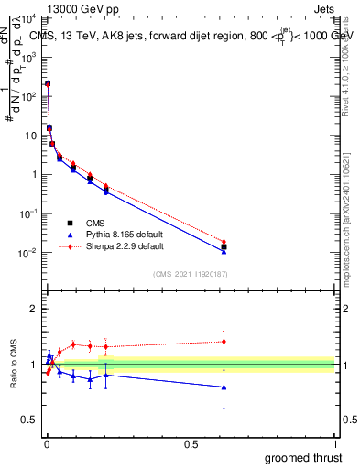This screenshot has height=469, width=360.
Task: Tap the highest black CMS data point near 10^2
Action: (x=47, y=83)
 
